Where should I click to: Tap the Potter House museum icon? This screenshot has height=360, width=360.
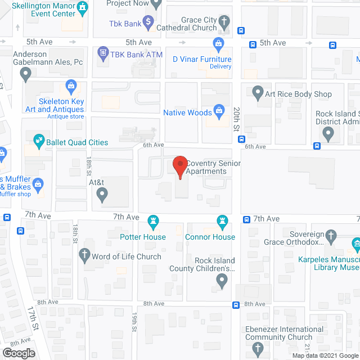pos(152,220)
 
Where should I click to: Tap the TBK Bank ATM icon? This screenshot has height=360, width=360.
pos(102,53)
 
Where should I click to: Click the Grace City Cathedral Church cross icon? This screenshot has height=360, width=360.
pos(224,22)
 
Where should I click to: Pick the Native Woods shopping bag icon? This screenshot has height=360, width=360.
pos(218,112)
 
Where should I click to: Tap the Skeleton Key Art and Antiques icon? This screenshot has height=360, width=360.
pos(71,86)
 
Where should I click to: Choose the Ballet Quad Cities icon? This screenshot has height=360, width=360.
pos(39,139)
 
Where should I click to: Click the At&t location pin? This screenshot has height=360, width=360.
pos(102,195)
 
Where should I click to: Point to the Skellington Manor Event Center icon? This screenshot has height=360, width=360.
pos(83,7)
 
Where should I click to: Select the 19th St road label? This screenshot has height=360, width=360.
pos(134,325)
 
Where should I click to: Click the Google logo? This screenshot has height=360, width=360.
pos(18,353)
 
